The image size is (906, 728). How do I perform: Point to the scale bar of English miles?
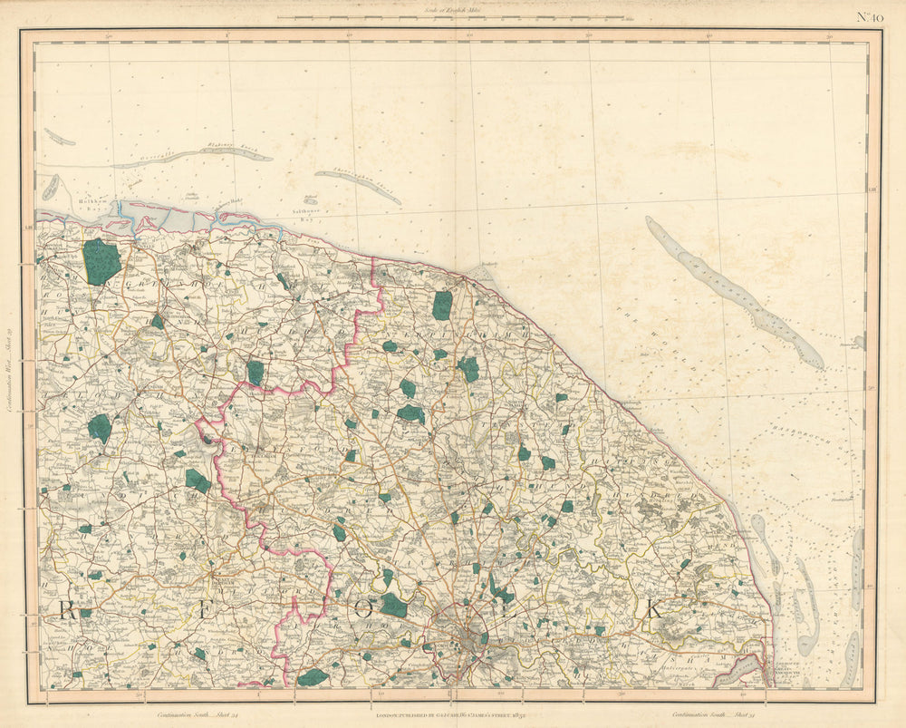pyautogui.click(x=450, y=17)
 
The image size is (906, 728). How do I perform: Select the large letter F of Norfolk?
pyautogui.click(x=208, y=609)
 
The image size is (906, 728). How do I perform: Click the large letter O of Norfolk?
pyautogui.click(x=363, y=609)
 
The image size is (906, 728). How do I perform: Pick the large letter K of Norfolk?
pyautogui.click(x=653, y=610)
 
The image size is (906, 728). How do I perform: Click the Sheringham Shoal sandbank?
pyautogui.click(x=357, y=185)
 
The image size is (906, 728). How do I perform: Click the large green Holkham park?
pyautogui.click(x=101, y=261)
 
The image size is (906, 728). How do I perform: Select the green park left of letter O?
pyautogui.click(x=393, y=605)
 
